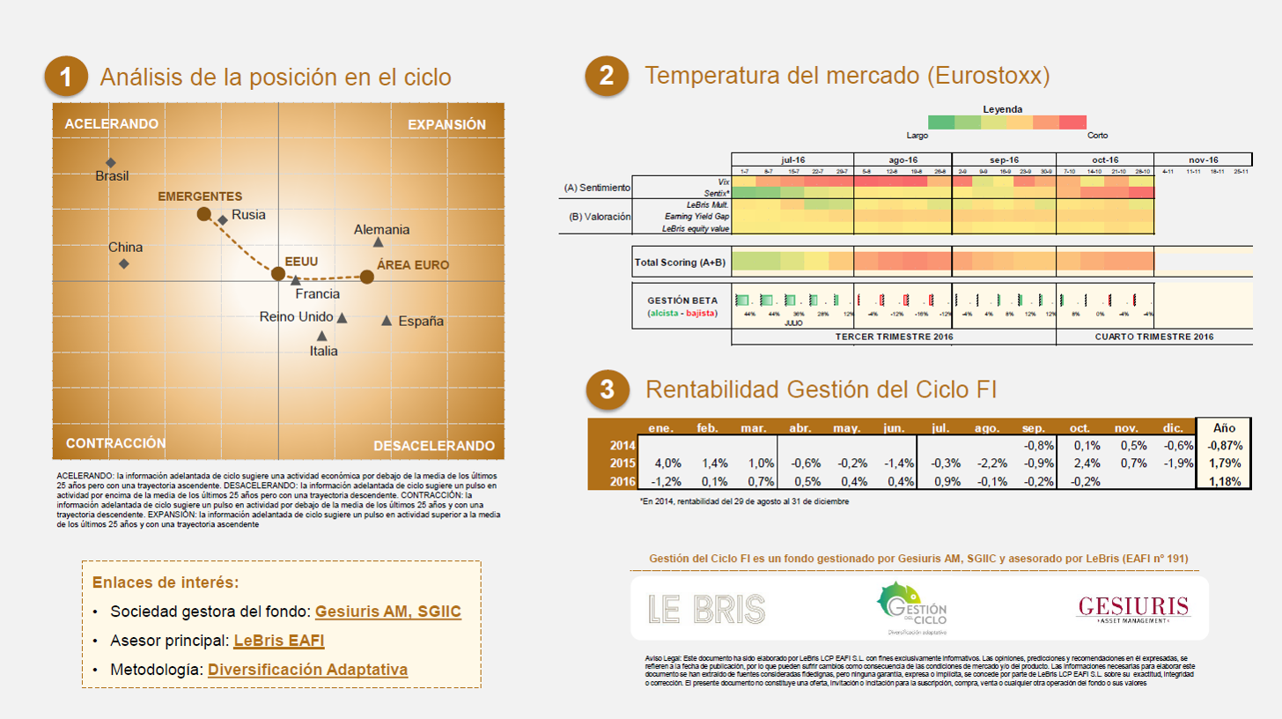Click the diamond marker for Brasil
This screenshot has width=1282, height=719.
pos(111,162)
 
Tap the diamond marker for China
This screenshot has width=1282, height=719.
pos(124,263)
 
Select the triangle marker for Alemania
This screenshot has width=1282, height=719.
pos(379,242)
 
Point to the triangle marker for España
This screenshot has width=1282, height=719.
pos(387,320)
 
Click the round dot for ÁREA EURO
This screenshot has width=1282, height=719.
pos(367,277)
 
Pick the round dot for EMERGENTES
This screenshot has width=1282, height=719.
pos(203,213)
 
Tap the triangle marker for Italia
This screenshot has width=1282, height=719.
pos(322,336)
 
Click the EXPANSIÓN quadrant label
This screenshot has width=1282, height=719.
pos(446,124)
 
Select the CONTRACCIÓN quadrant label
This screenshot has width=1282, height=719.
pos(115,443)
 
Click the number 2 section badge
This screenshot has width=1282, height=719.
pos(607,77)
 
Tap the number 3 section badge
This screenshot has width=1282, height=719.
pos(607,389)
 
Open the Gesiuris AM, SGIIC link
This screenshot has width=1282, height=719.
pos(387,612)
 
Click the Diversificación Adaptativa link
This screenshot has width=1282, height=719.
pos(307,670)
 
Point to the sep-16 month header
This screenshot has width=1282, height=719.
pos(1004,159)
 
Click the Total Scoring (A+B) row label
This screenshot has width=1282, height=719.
pos(681,263)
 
